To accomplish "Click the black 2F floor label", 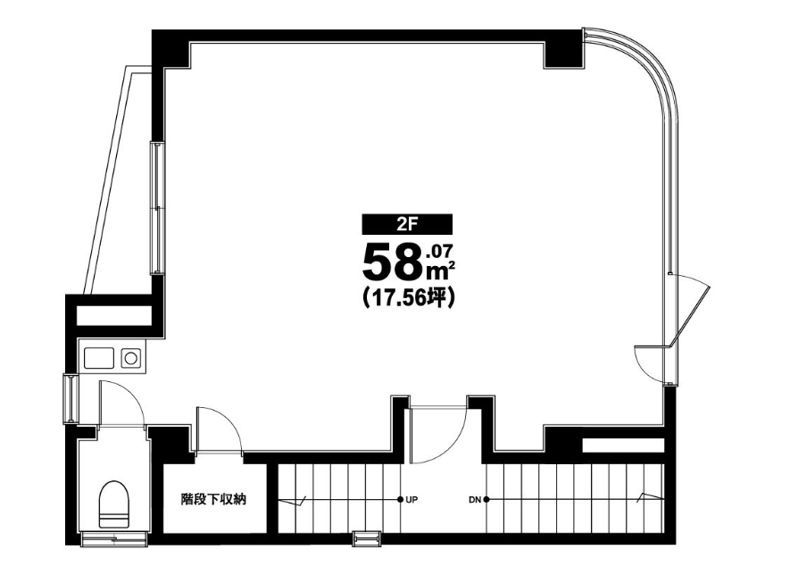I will [406, 224].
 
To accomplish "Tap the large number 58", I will [392, 262].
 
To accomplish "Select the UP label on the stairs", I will [411, 500].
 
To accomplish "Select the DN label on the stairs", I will [474, 500].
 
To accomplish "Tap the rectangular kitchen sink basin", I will [98, 358].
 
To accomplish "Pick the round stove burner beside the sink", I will [131, 358].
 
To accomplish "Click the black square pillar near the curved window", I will [563, 53].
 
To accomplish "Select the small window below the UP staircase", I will [364, 538].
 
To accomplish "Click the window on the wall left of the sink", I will [69, 398].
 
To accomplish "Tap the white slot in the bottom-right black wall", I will [622, 445].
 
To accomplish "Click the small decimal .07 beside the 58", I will [441, 250].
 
